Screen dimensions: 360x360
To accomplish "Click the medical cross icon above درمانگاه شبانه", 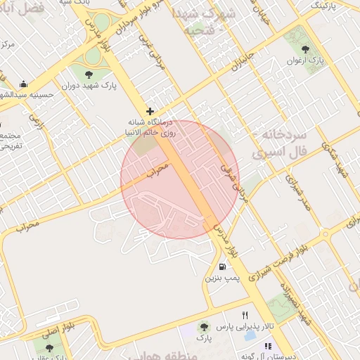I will tap(150, 111).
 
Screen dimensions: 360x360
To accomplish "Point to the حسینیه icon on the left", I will tap(24, 84).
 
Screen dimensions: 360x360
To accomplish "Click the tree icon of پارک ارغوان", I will tap(305, 49).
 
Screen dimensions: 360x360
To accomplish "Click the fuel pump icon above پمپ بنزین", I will tap(222, 266).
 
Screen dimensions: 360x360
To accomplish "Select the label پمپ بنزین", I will tap(222, 278).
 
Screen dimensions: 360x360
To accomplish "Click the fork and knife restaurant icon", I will tap(245, 315).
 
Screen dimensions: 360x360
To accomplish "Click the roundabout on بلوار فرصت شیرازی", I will tap(326, 234).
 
